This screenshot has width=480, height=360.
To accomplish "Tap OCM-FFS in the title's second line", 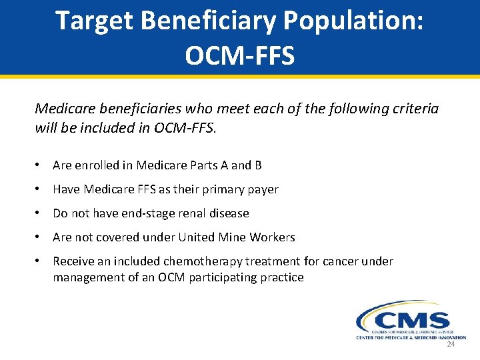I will pos(239,56).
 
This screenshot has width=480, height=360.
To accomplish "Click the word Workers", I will pos(273,237).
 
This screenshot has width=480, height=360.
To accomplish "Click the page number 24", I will pos(451,345).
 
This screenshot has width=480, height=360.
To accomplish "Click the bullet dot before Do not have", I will pos(39,213).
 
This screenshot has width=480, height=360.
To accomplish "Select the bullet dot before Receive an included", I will pos(39,261).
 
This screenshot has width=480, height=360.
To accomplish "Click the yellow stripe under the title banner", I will pos(240,77).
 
